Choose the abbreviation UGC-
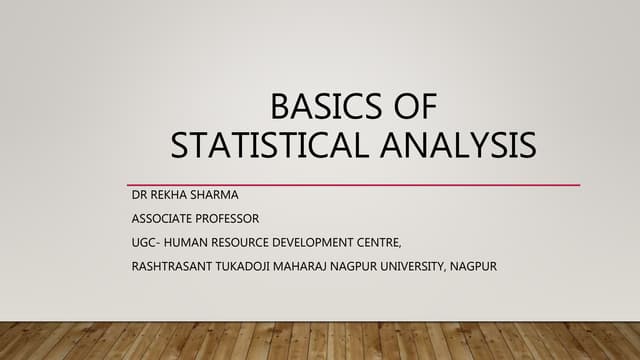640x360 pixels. coord(148,242)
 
